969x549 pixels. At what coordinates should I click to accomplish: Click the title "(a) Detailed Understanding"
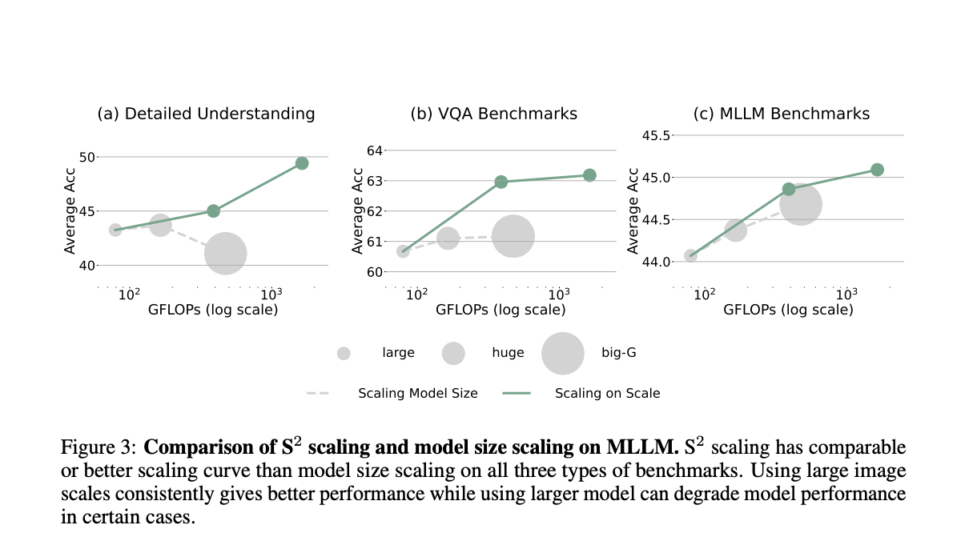[206, 114]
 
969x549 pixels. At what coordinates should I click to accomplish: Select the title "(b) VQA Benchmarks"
[493, 114]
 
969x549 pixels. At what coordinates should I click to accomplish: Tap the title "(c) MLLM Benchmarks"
[781, 114]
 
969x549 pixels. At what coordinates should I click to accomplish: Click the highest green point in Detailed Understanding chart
[302, 163]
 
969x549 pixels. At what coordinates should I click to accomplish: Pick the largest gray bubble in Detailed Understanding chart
[225, 254]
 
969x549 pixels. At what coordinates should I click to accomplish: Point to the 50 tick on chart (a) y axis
[86, 157]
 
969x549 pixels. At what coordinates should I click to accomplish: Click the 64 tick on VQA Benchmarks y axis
[375, 150]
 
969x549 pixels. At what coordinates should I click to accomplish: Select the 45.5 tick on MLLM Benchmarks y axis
[656, 135]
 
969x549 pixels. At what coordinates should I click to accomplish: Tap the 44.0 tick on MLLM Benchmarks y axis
[656, 262]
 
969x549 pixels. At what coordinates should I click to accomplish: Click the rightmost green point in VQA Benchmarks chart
[589, 175]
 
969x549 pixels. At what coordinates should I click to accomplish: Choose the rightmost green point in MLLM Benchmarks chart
[877, 170]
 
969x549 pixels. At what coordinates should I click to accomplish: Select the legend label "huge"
[508, 353]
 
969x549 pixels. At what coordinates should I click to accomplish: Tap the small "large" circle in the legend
[344, 353]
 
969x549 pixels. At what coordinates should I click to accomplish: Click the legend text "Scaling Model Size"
[417, 393]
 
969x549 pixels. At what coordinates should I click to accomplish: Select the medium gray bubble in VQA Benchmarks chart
[448, 238]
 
